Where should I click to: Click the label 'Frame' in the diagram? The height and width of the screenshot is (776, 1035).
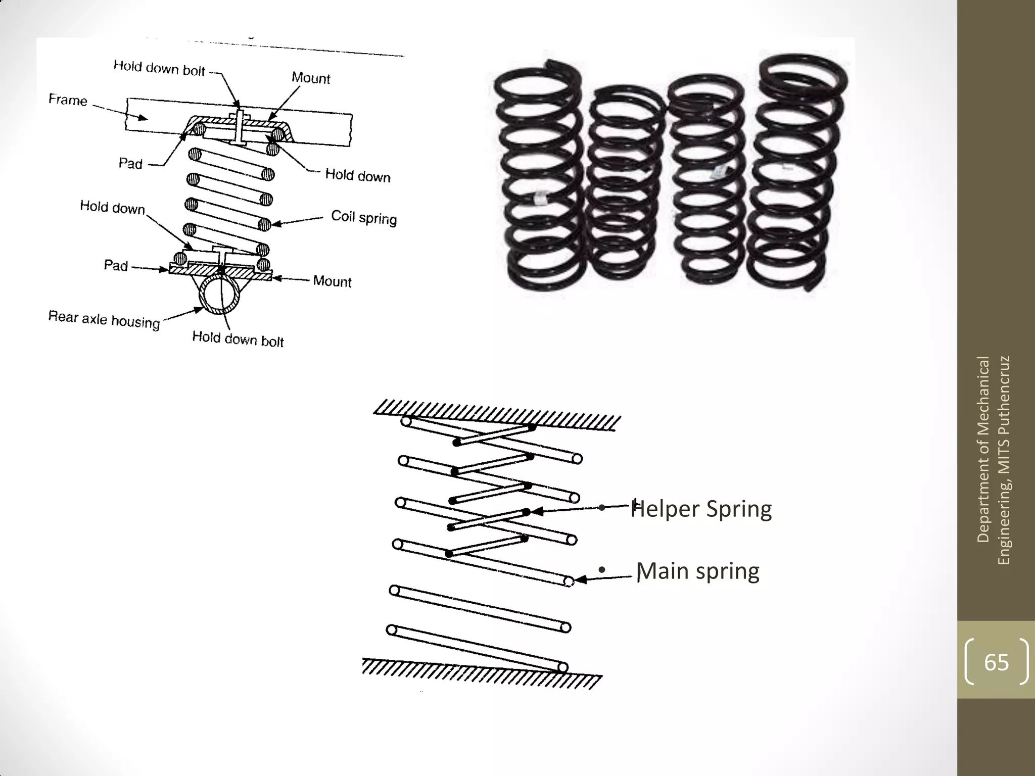point(68,100)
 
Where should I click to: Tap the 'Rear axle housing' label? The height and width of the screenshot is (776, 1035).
point(104,319)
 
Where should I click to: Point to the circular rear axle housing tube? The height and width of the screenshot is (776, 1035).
point(219,295)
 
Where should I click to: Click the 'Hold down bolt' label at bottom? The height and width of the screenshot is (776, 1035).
point(238,339)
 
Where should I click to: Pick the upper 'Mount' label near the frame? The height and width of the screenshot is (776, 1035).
point(311,78)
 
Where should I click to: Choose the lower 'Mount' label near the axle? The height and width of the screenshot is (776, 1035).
point(332,281)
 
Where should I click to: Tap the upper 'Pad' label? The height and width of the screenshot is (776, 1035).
point(130,163)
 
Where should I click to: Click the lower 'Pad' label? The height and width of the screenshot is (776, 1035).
point(116,265)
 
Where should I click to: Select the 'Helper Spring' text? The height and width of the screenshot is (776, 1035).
point(701,509)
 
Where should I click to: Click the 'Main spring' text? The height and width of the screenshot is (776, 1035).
point(697,571)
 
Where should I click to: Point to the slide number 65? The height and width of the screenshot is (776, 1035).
point(996,662)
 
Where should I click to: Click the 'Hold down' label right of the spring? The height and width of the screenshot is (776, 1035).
point(357,175)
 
